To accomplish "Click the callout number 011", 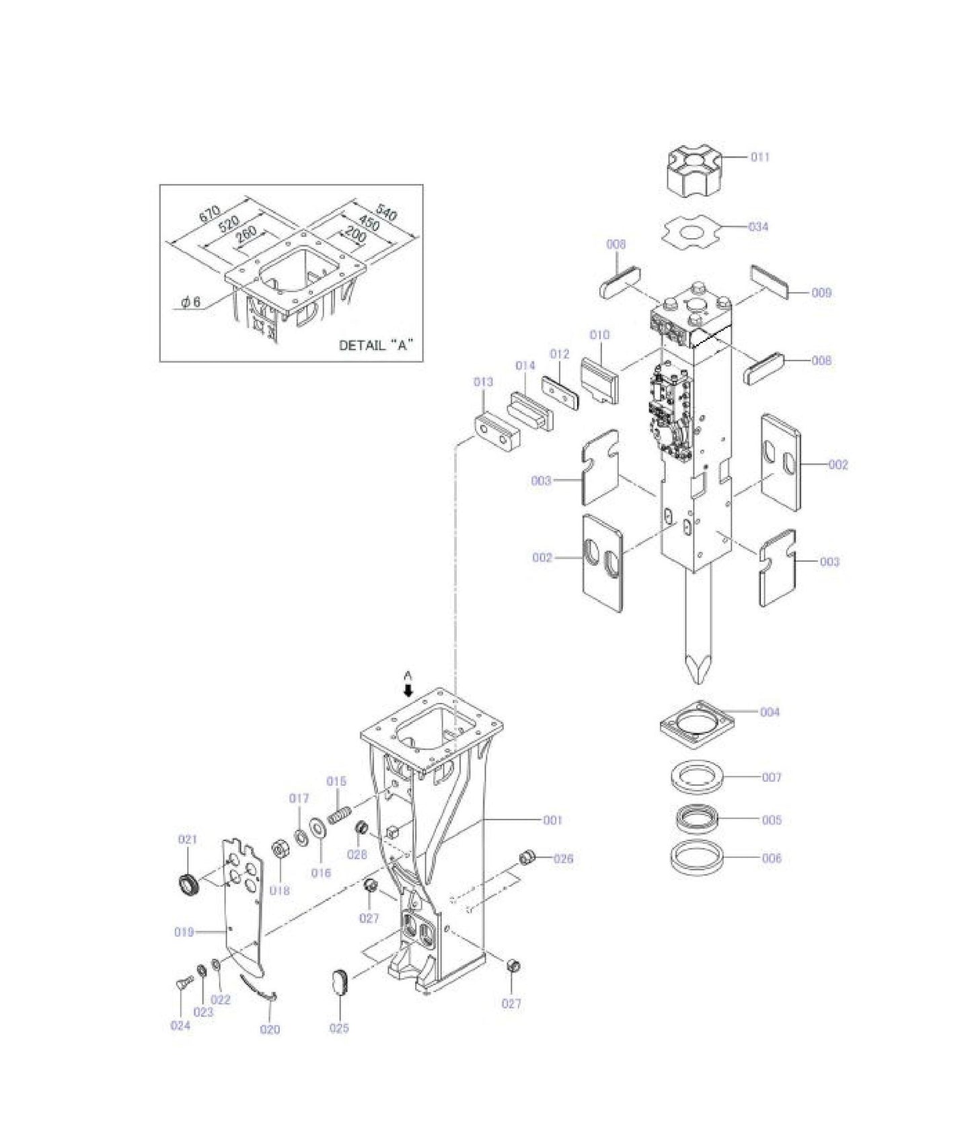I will tap(760, 157).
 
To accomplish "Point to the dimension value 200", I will tap(355, 237).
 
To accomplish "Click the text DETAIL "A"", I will tap(375, 346).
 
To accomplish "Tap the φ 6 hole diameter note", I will tap(190, 303).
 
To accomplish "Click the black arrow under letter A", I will tap(408, 690).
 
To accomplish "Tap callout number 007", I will tap(772, 777).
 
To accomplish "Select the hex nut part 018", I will tap(279, 850).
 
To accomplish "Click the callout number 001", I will tap(552, 820).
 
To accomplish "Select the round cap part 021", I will tap(189, 883).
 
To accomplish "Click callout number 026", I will tap(564, 859).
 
